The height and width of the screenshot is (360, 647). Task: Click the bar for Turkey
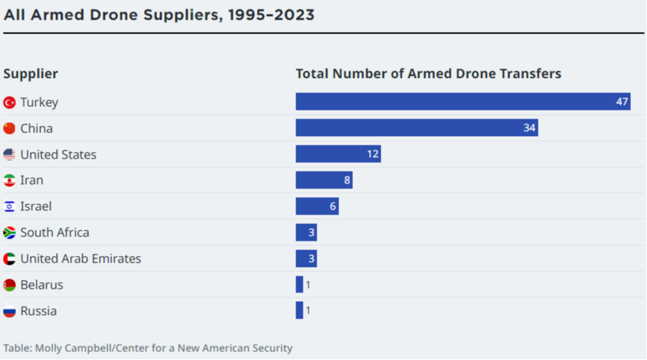click(462, 102)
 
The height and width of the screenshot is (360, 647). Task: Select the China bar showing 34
click(416, 128)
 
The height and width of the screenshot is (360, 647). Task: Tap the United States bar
click(338, 154)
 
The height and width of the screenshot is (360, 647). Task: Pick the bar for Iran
click(324, 180)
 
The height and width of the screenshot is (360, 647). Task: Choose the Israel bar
click(317, 207)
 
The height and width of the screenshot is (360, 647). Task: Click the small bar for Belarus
click(299, 285)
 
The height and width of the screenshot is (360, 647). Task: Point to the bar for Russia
click(299, 311)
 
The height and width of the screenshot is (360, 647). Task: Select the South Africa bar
click(306, 233)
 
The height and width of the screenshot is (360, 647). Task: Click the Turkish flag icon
click(9, 103)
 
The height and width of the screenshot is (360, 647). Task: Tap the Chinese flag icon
click(9, 129)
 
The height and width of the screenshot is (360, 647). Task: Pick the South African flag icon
click(9, 233)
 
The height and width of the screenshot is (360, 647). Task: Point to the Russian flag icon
click(9, 312)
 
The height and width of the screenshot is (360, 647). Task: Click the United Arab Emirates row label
click(81, 259)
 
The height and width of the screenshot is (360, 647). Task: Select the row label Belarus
click(41, 285)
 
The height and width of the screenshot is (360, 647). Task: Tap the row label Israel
click(36, 207)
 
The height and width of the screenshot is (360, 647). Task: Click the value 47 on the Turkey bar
click(622, 102)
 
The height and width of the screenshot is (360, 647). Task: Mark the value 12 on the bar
click(372, 154)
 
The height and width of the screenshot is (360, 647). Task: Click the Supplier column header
click(31, 73)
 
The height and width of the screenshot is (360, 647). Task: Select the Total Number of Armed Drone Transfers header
click(428, 73)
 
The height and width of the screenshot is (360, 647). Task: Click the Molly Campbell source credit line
click(148, 348)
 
